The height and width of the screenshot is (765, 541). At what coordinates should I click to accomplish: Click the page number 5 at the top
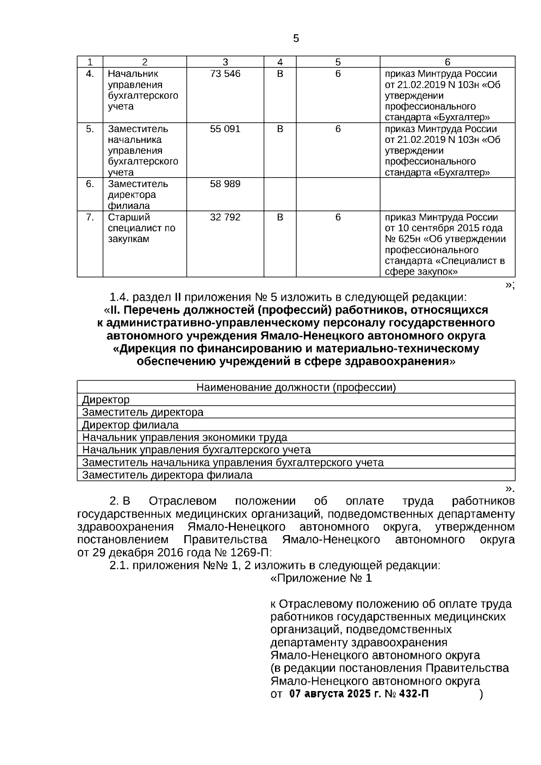click(296, 39)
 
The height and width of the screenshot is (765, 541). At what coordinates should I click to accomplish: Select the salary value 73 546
click(225, 74)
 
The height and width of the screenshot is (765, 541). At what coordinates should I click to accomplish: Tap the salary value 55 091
click(225, 129)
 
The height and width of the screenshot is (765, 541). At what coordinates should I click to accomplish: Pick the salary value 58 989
click(225, 184)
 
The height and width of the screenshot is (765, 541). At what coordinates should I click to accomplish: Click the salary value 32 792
click(225, 217)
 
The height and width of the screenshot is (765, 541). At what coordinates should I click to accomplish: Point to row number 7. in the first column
click(90, 217)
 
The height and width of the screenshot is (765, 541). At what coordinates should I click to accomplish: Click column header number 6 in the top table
click(447, 62)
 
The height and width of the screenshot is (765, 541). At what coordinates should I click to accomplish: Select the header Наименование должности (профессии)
click(296, 387)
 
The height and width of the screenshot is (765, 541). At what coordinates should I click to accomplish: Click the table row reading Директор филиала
click(130, 425)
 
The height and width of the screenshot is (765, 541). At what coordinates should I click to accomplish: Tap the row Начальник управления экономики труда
click(184, 437)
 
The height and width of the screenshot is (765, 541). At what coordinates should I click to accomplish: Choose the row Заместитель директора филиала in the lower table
click(167, 475)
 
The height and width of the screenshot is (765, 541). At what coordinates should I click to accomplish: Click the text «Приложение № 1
click(321, 578)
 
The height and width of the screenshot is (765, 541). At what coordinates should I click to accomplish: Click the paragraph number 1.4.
click(119, 298)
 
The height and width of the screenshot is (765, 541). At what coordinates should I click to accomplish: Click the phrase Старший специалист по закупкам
click(141, 228)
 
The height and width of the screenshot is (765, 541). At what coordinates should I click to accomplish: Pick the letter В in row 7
click(280, 217)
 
